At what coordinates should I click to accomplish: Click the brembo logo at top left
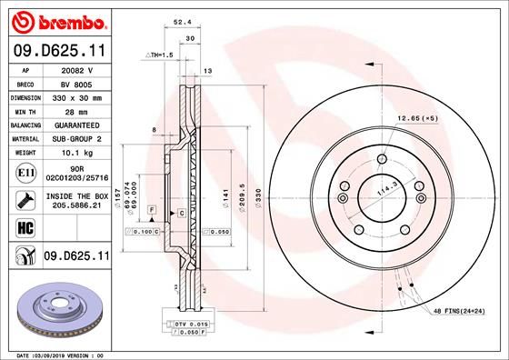click(x=56, y=20)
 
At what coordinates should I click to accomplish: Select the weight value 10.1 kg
click(x=76, y=154)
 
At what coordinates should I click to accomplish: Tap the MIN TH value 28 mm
click(x=76, y=110)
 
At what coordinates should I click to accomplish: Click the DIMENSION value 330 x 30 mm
click(x=76, y=95)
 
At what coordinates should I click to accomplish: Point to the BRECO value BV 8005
click(x=76, y=82)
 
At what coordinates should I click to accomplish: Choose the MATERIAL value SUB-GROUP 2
click(x=76, y=139)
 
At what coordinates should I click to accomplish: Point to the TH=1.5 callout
click(x=159, y=55)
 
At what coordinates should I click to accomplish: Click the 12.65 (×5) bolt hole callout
click(x=416, y=118)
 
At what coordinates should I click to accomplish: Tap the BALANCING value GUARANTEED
click(x=76, y=125)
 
